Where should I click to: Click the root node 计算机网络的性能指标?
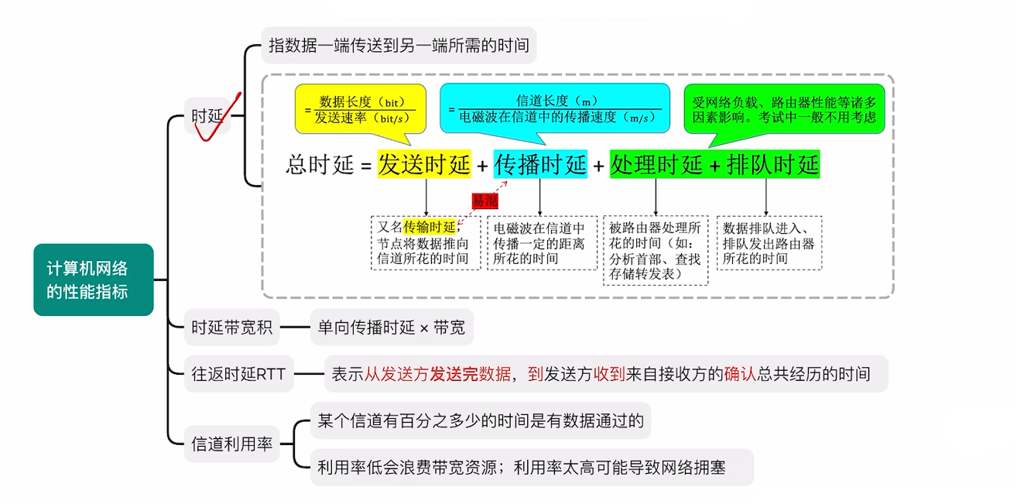point(93,279)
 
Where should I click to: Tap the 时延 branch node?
point(207,116)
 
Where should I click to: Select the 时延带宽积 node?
point(231,327)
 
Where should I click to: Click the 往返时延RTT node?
point(238,374)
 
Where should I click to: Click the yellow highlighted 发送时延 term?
point(423,165)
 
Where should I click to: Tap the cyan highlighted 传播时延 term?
point(540,165)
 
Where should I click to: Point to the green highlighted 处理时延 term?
point(656,165)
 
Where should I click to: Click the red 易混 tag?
point(486,201)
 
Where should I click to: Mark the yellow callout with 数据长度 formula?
point(360,109)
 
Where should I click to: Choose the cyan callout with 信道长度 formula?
point(554,109)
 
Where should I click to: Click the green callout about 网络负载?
point(784,109)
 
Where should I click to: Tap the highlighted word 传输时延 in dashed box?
point(429,227)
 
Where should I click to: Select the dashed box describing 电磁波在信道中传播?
point(542,242)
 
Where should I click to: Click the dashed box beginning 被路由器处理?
point(656,250)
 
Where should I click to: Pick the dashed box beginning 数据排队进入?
point(769,242)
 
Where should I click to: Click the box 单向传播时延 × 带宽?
point(391,327)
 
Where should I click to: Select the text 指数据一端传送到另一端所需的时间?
point(399,46)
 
